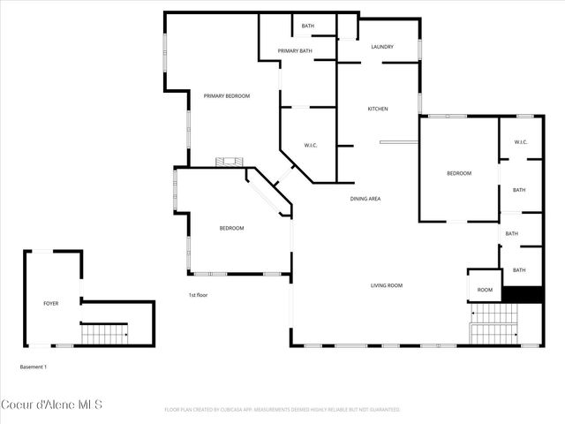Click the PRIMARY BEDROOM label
pos(227,95)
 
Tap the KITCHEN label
pos(378,109)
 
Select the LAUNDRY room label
pos(381,47)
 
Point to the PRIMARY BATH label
pos(295,51)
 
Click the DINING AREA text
pos(365,199)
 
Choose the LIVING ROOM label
pos(386,285)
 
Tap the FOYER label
pos(51,303)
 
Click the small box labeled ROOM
pos(485,290)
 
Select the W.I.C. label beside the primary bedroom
pos(311,145)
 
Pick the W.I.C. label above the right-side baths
pos(520,142)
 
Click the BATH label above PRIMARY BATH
pos(307,26)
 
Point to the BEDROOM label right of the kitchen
pos(458,173)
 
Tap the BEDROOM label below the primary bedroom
pos(231,228)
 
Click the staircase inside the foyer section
pos(104,334)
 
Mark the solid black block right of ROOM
pos(522,295)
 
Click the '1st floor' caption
pos(198,295)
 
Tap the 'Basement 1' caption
pos(34,366)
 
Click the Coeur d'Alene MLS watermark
pos(52,405)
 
